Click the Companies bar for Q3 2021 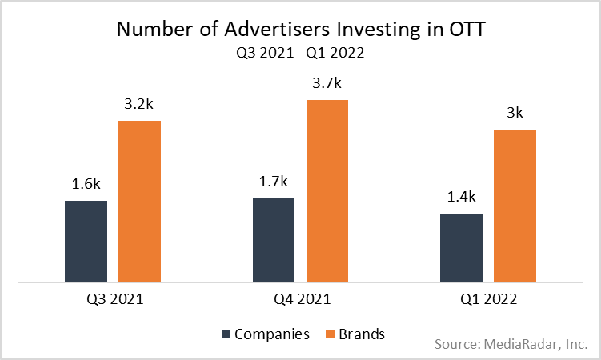(x=86, y=241)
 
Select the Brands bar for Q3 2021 (x=139, y=201)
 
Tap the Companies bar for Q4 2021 (x=273, y=239)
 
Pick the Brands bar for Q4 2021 (x=327, y=190)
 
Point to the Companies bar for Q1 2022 (x=461, y=247)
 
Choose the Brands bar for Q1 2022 (x=515, y=206)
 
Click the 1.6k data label (x=86, y=184)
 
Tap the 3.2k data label (x=139, y=104)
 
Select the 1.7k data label (x=273, y=182)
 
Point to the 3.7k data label (x=327, y=83)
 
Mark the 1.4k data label (x=461, y=197)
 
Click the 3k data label (x=515, y=113)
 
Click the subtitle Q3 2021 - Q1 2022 (x=300, y=54)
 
